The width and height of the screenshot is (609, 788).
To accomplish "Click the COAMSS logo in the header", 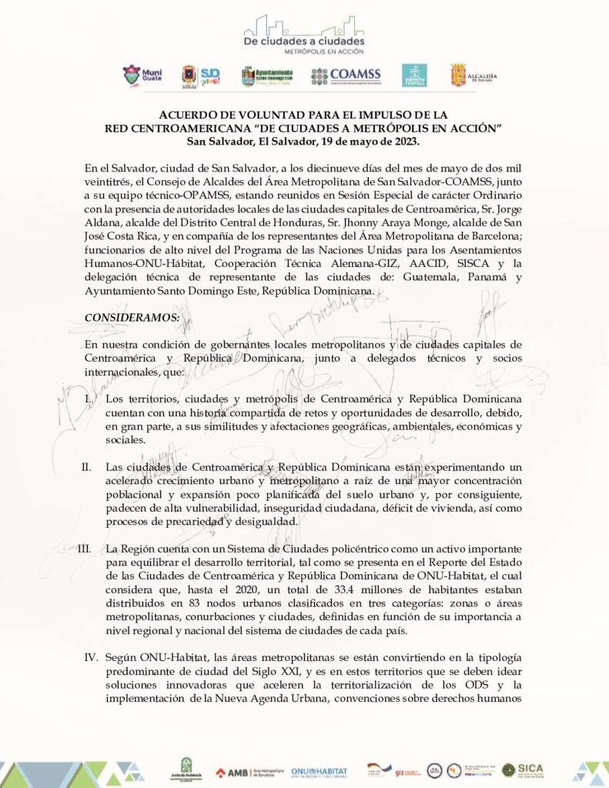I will pyautogui.click(x=346, y=75).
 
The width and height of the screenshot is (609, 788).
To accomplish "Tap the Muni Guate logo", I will pyautogui.click(x=142, y=75).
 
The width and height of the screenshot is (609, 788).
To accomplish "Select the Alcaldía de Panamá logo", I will pyautogui.click(x=473, y=75).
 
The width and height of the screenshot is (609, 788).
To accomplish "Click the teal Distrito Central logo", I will pyautogui.click(x=414, y=75).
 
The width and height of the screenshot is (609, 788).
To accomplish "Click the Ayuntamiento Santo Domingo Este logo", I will pyautogui.click(x=267, y=75).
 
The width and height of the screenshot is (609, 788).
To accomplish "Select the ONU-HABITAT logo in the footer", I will pyautogui.click(x=319, y=771).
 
